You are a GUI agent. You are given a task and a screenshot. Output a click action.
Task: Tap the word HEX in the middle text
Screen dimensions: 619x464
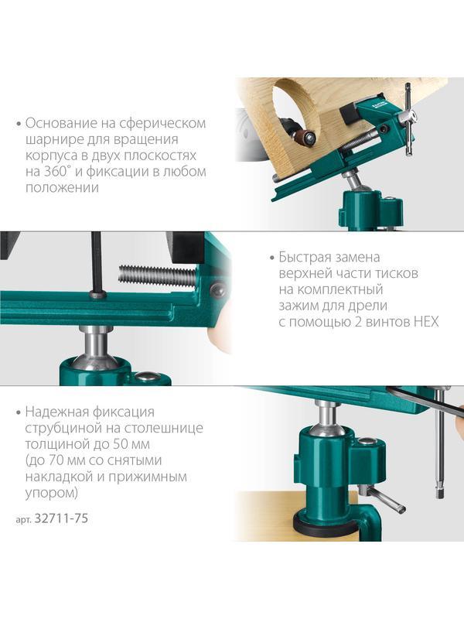tap(425, 322)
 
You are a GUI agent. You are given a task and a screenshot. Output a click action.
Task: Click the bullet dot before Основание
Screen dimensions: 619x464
tap(17, 124)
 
